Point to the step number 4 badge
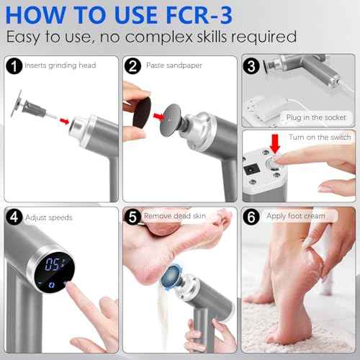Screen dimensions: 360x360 point(14,216)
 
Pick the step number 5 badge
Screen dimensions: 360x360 point(132,215)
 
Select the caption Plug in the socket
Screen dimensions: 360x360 point(315,117)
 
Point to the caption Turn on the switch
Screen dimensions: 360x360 point(318,137)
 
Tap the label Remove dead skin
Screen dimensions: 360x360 point(178,215)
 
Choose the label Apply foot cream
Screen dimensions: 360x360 point(295,215)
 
